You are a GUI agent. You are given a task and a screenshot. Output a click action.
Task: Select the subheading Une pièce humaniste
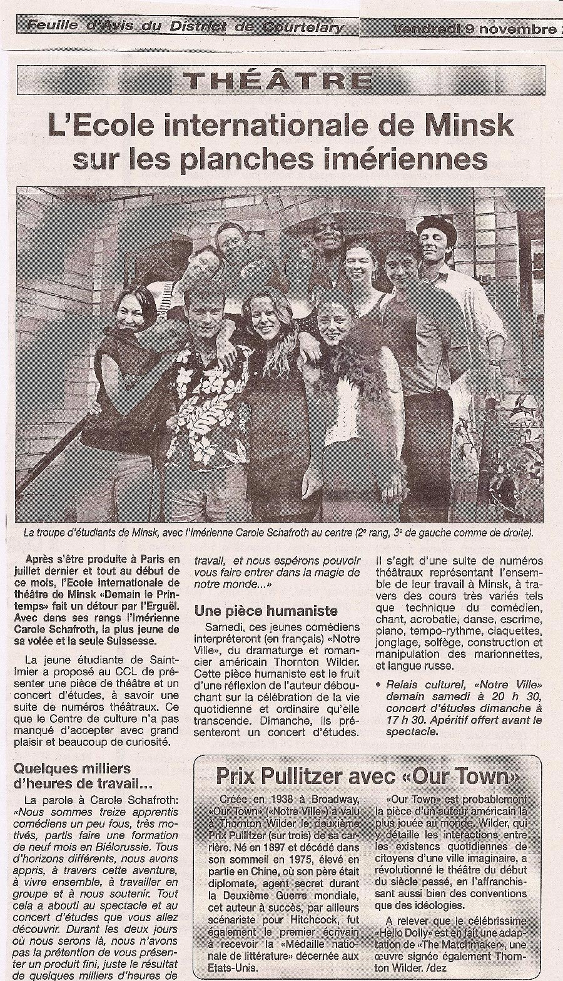click(266, 610)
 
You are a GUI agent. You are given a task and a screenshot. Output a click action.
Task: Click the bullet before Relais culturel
click(379, 686)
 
